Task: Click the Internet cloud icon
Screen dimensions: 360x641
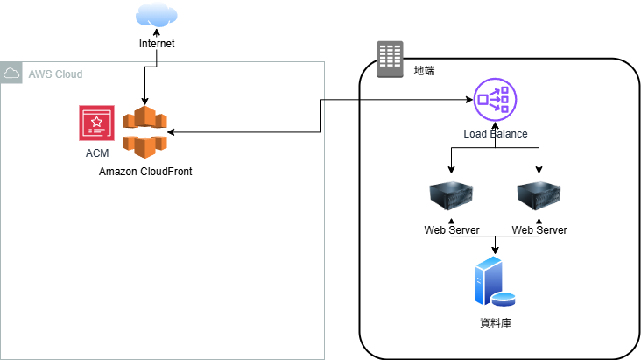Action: [x=157, y=16]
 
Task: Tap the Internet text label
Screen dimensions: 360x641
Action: [x=157, y=44]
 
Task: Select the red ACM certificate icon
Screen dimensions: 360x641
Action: [x=96, y=123]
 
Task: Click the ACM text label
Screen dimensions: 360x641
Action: [x=97, y=153]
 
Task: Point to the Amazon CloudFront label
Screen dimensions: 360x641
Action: [x=145, y=172]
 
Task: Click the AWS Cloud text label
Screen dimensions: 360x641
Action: [x=55, y=74]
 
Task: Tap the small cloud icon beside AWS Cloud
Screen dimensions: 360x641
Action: [x=12, y=74]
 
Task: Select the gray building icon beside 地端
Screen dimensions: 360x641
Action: [x=389, y=60]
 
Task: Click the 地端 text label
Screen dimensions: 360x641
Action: [x=424, y=69]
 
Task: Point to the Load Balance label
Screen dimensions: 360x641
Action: [x=496, y=134]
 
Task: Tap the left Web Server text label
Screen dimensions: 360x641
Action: [x=452, y=230]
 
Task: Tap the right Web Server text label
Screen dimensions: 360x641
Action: [x=539, y=230]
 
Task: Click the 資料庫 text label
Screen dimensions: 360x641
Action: [x=496, y=323]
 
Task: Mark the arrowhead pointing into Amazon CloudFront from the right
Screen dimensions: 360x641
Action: [x=171, y=133]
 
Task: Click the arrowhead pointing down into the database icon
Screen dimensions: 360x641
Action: [x=496, y=251]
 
